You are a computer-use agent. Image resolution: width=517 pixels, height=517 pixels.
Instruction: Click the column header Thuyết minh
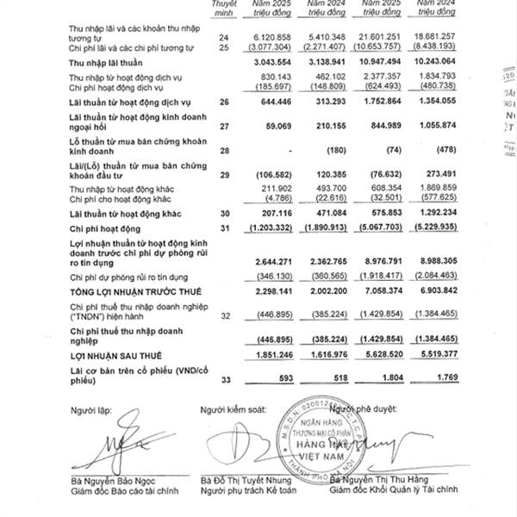225,9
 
